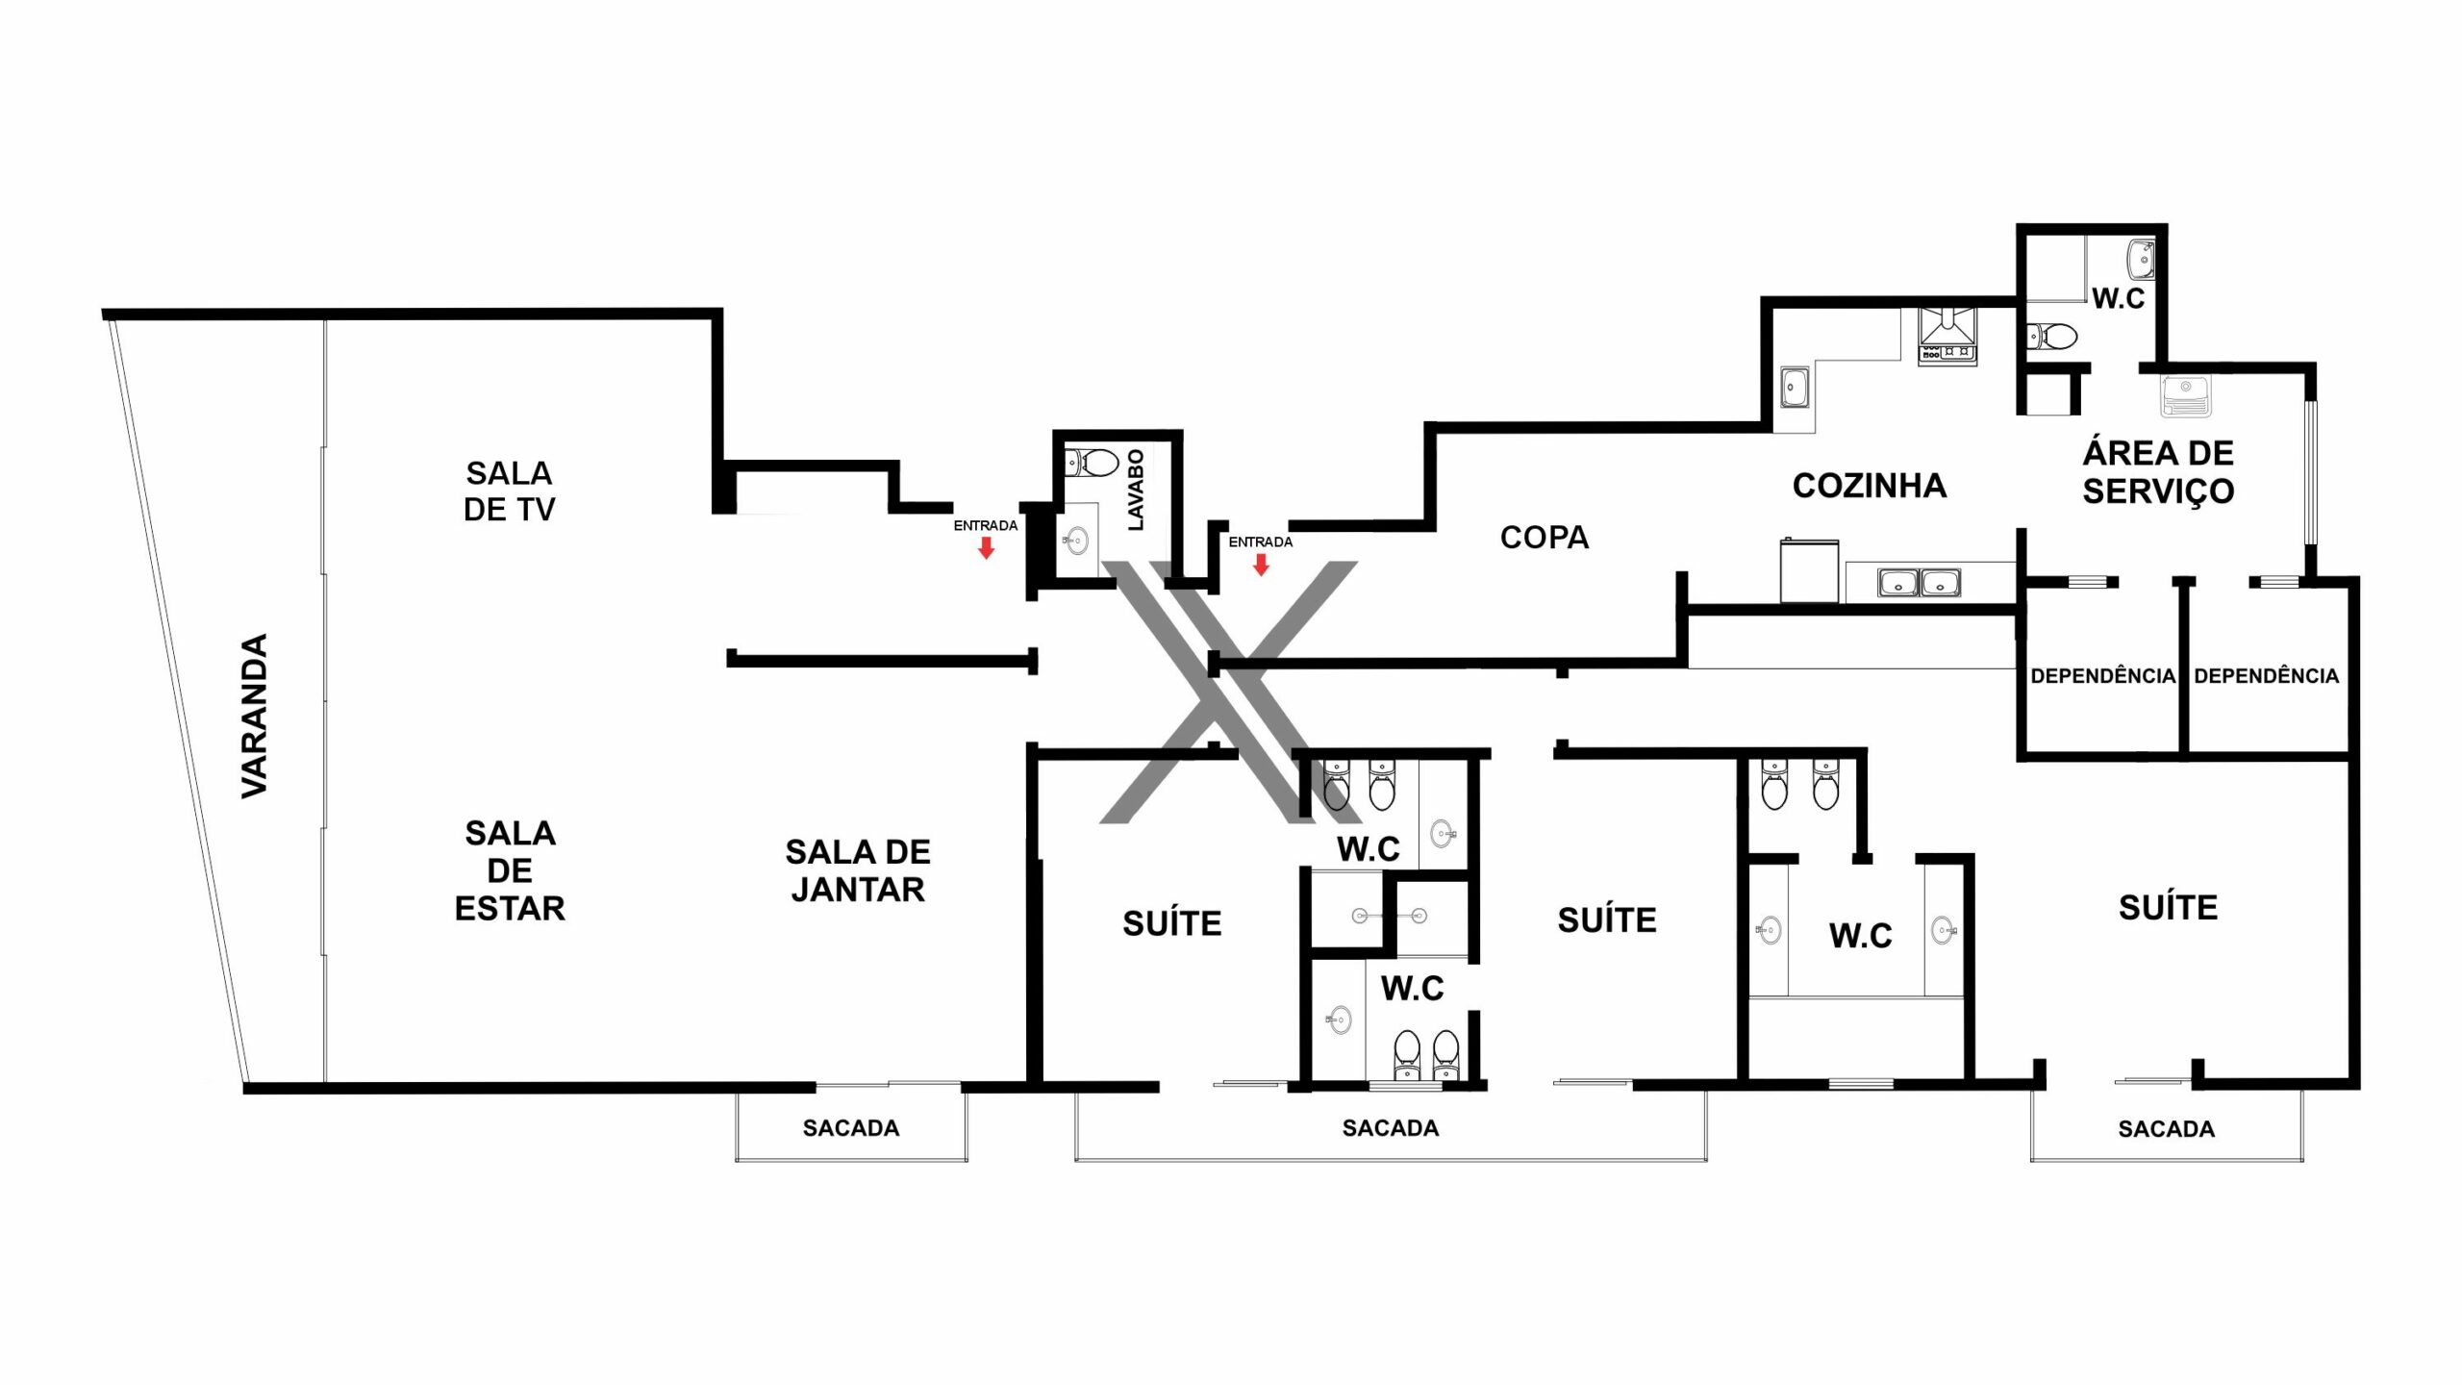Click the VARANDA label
tap(254, 716)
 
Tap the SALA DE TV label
tap(510, 491)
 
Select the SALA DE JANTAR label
tap(858, 870)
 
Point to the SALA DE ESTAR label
tap(510, 870)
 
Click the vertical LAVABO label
tap(1136, 490)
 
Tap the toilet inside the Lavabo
tap(1092, 463)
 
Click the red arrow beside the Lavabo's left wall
tap(986, 548)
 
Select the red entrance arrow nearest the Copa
tap(1261, 565)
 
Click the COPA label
tap(1545, 537)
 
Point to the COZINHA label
tap(1870, 486)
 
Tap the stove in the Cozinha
tap(1947, 336)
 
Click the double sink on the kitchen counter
tap(1920, 583)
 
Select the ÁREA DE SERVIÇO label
tap(2158, 471)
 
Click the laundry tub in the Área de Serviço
tap(2186, 395)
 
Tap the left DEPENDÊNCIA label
tap(2103, 676)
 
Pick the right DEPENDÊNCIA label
tap(2267, 676)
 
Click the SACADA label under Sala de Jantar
tap(851, 1127)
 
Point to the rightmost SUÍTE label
tap(2169, 907)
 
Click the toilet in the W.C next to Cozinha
tap(2052, 337)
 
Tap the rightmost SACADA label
tap(2167, 1128)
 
